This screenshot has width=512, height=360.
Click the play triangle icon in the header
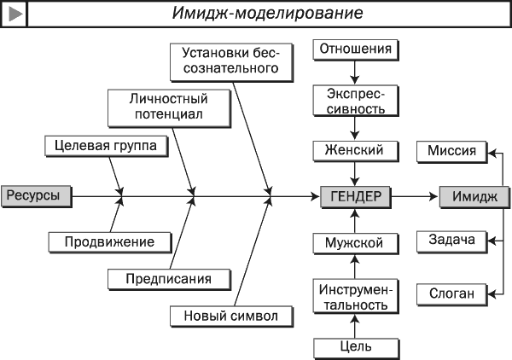[x=15, y=14]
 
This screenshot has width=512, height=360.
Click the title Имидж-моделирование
[x=267, y=14]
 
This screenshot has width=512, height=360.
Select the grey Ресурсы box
[x=37, y=196]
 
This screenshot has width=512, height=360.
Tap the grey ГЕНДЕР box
[x=356, y=197]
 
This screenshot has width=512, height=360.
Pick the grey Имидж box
[x=474, y=197]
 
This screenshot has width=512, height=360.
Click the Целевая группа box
[x=107, y=146]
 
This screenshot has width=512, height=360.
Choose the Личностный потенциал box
[x=169, y=108]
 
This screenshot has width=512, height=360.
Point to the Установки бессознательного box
[x=231, y=62]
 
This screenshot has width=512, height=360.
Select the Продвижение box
[x=110, y=242]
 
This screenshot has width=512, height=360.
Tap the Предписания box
[x=169, y=279]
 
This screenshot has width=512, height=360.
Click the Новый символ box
[x=231, y=316]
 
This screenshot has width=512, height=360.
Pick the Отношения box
[x=356, y=50]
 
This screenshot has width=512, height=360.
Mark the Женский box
[x=356, y=151]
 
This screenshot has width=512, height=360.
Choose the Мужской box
[x=356, y=243]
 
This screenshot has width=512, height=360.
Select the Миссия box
[x=452, y=152]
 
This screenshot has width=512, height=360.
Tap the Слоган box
[x=452, y=294]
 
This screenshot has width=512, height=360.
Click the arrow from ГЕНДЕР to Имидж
[x=415, y=196]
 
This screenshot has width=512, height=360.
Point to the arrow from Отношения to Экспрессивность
[x=355, y=73]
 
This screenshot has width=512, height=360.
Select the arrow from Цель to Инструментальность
[x=355, y=326]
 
